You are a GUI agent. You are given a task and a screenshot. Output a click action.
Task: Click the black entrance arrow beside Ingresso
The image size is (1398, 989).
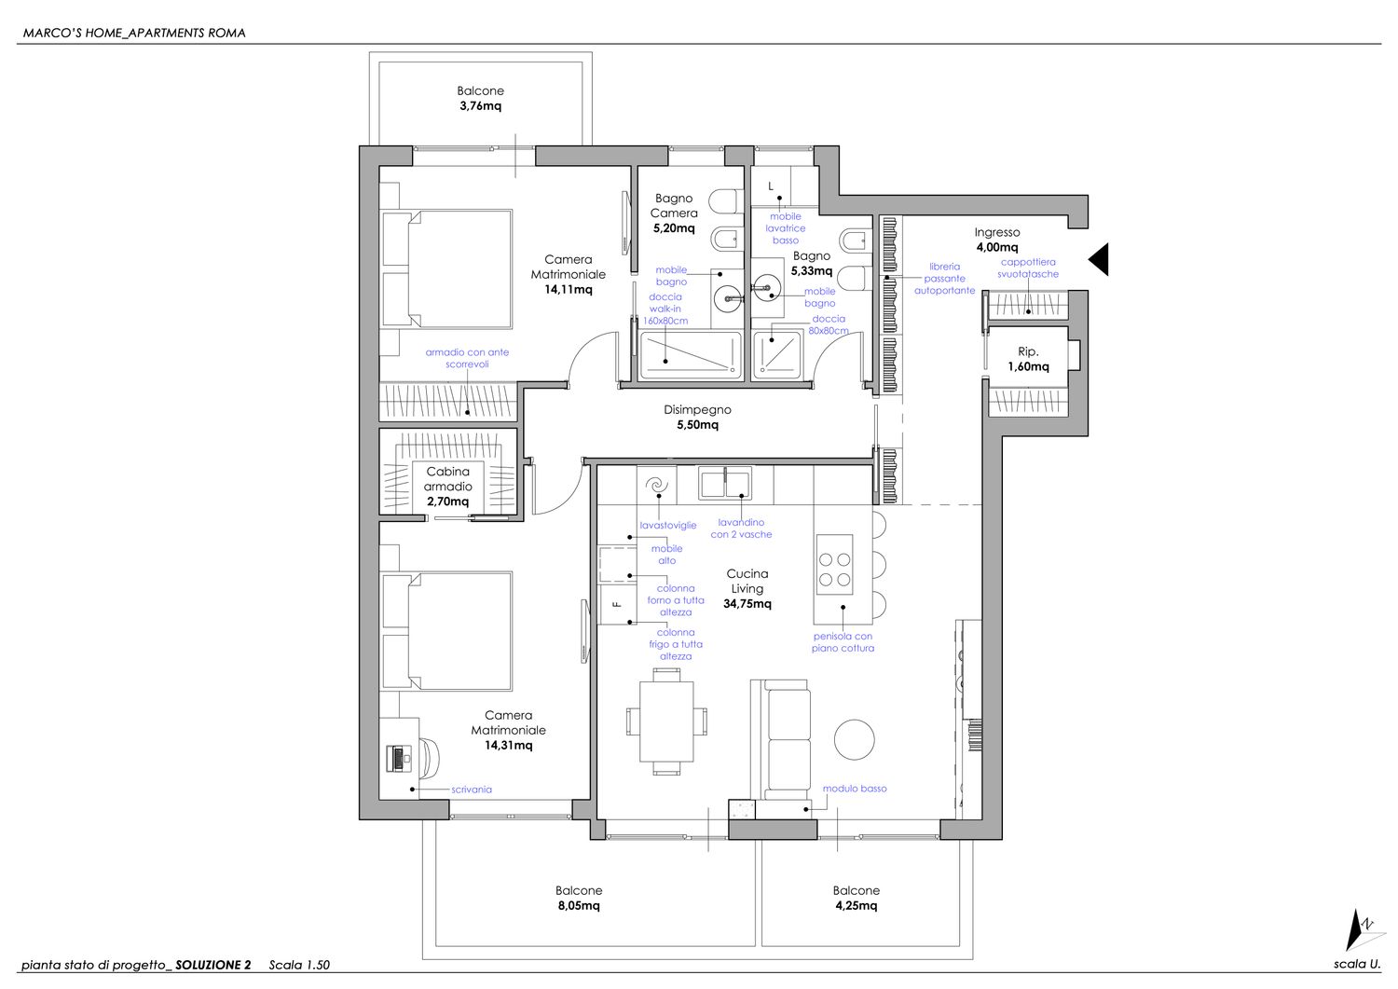pos(1099,259)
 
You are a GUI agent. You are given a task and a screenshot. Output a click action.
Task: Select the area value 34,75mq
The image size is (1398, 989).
pos(747,604)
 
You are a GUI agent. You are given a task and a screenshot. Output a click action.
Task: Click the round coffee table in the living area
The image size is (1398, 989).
pos(855,739)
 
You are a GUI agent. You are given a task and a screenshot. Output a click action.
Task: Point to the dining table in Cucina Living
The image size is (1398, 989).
pos(666,721)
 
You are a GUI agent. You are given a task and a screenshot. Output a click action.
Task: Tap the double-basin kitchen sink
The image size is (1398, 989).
pos(724,484)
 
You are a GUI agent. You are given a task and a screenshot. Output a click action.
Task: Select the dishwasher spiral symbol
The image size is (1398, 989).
pos(656,485)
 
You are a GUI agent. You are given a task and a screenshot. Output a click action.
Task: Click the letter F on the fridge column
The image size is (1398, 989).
pos(617,604)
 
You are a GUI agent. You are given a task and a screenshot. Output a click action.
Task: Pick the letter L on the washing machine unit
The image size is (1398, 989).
pos(771,186)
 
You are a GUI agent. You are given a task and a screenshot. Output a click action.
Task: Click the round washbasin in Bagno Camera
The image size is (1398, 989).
pos(728,298)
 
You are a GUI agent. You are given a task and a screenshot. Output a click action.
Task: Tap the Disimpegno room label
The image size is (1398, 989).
pos(697,409)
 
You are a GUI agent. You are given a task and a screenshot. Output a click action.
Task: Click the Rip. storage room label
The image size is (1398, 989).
pos(1028,351)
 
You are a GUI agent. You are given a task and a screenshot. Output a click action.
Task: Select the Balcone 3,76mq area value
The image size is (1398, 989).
pos(481,105)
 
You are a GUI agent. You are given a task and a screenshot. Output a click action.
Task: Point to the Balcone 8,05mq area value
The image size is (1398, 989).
pos(579,905)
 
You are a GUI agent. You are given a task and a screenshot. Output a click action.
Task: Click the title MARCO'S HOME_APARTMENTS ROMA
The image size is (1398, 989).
pos(134,33)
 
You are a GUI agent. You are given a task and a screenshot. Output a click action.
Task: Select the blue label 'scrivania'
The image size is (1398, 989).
pos(472,790)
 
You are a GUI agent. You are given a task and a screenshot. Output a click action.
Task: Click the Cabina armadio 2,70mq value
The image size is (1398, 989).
pos(447,501)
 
